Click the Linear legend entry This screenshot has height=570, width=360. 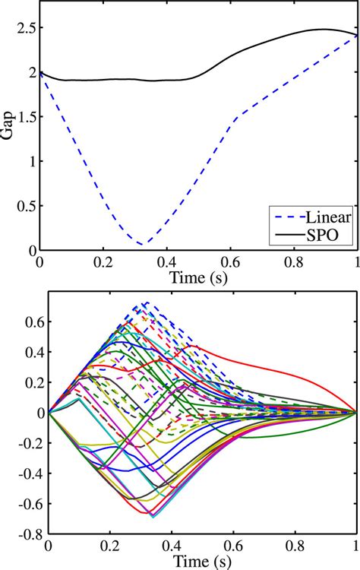321,217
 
